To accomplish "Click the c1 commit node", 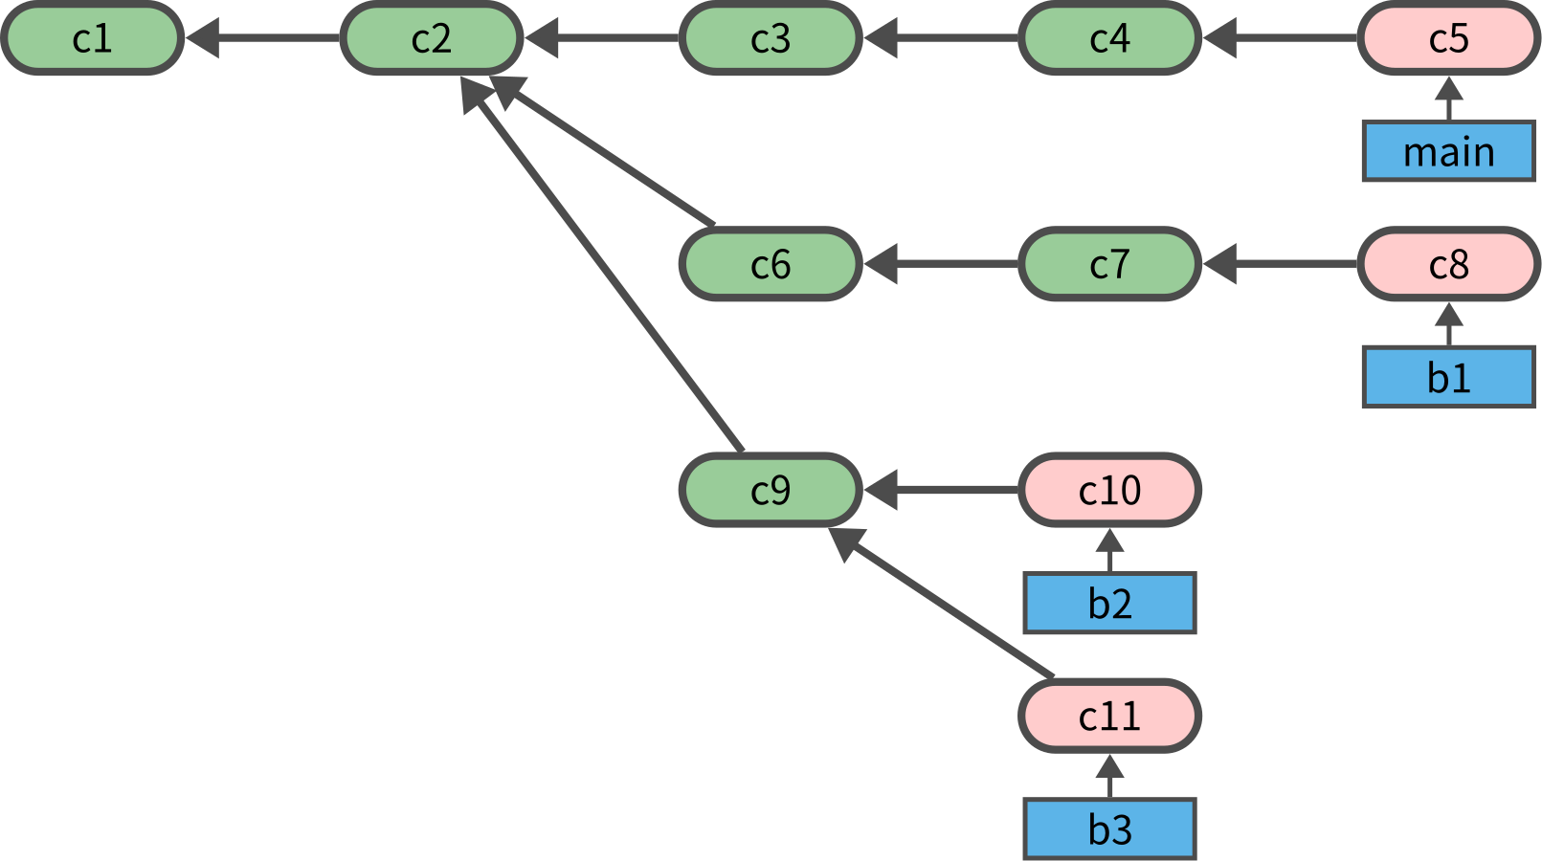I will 92,38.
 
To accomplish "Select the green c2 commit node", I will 431,38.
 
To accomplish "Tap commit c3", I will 771,38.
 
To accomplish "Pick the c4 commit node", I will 1109,38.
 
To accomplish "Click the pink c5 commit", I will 1448,38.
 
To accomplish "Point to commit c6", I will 771,264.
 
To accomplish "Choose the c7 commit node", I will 1109,264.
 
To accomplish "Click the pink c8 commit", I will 1448,264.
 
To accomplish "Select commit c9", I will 771,490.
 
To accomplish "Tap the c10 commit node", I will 1109,490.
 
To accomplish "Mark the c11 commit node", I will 1109,716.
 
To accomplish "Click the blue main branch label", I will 1448,151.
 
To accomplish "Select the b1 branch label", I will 1448,378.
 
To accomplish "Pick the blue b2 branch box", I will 1109,604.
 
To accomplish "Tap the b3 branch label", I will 1109,829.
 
